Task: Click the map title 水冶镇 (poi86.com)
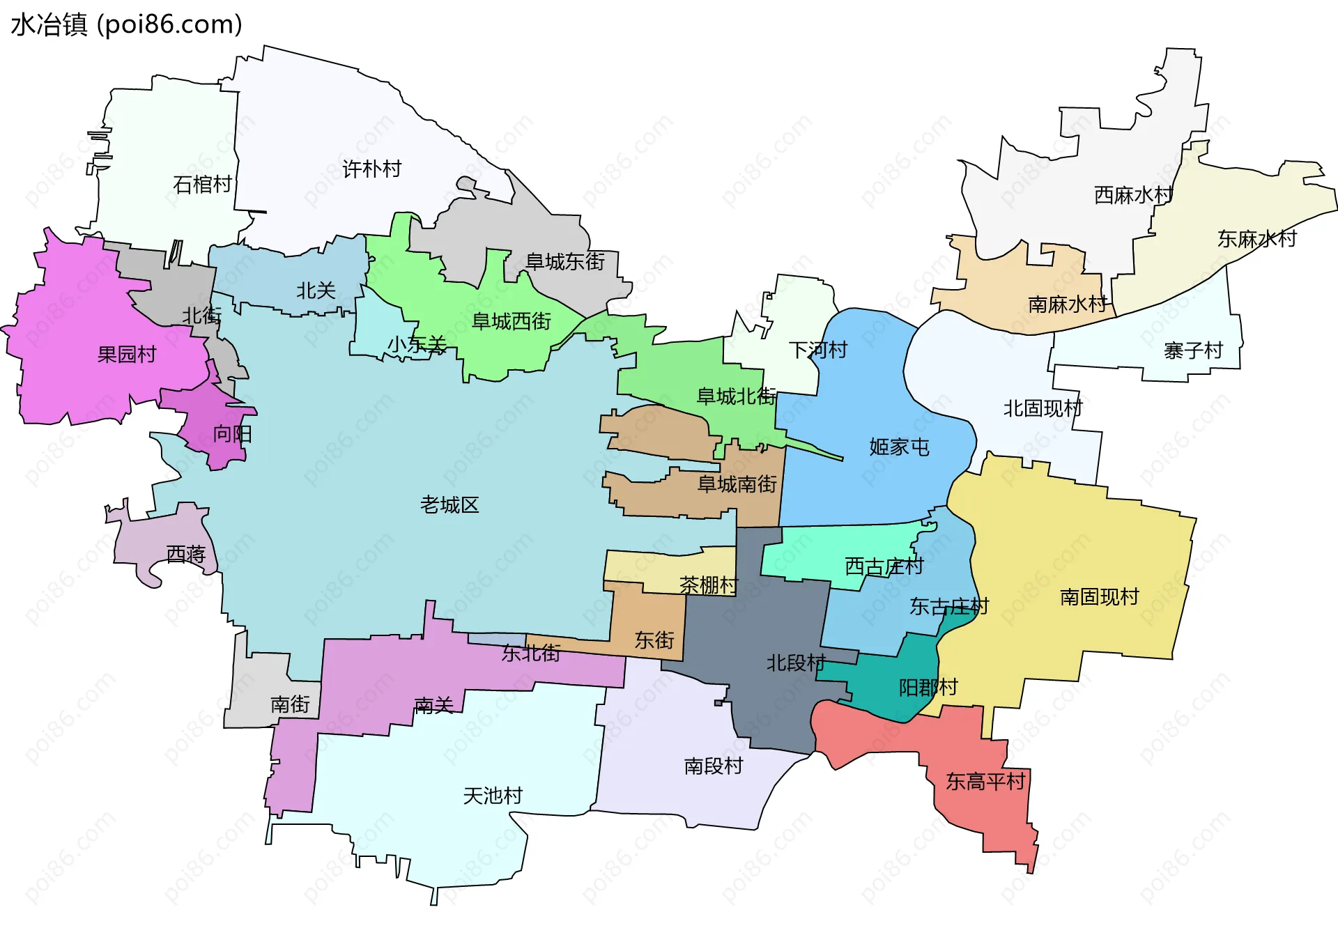[x=126, y=24]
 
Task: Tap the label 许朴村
[x=371, y=169]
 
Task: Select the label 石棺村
[x=202, y=185]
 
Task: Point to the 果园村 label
[x=127, y=355]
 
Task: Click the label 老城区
[x=449, y=505]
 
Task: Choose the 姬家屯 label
[x=899, y=447]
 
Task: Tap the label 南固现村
[x=1099, y=597]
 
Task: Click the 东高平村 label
[x=985, y=782]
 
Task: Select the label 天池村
[x=493, y=796]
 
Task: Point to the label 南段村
[x=714, y=766]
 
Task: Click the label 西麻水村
[x=1133, y=195]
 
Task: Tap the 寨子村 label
[x=1193, y=350]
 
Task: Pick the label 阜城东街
[x=564, y=262]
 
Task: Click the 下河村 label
[x=817, y=350]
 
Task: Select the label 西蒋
[x=186, y=555]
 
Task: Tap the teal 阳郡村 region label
[x=928, y=688]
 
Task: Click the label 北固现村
[x=1043, y=408]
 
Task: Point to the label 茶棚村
[x=709, y=585]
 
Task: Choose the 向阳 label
[x=232, y=434]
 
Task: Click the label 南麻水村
[x=1067, y=304]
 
